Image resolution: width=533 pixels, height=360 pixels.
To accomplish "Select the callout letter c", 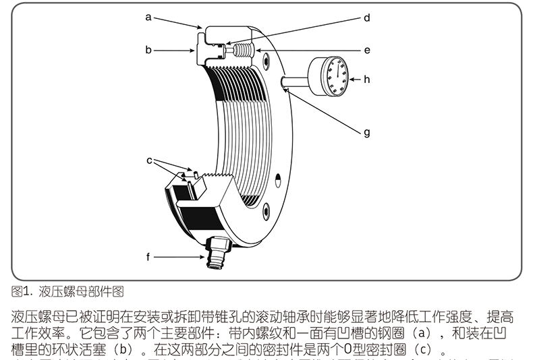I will (149, 160).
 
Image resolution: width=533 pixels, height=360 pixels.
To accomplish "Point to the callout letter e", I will (367, 50).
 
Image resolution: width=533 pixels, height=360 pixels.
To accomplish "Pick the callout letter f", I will (148, 257).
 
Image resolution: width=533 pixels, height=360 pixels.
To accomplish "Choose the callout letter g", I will (367, 133).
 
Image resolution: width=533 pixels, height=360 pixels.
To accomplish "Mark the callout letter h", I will (367, 79).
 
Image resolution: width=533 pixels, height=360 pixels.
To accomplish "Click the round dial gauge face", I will (335, 76).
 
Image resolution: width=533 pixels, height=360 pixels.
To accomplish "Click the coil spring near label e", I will (242, 50).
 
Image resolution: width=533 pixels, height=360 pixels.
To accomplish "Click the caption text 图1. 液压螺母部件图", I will (67, 292).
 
